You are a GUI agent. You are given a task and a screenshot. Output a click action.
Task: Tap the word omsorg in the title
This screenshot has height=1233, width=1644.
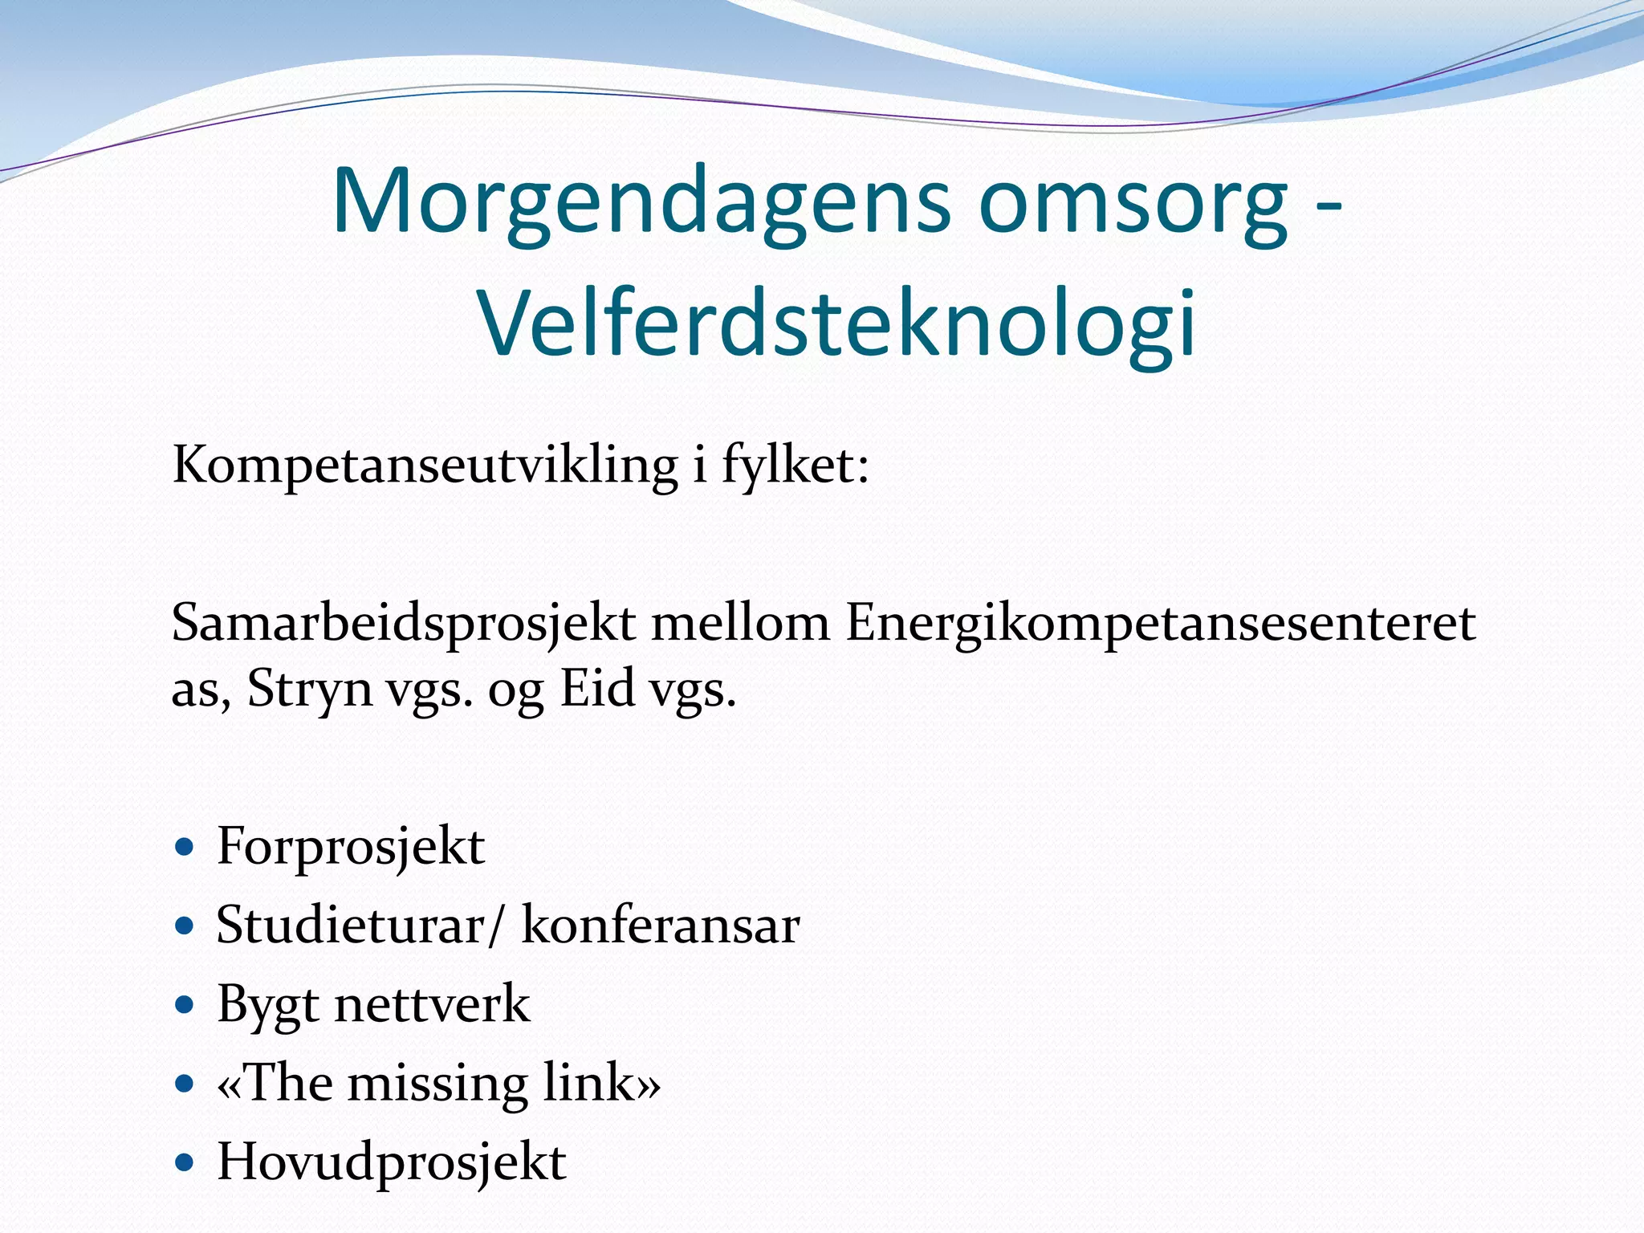(1133, 202)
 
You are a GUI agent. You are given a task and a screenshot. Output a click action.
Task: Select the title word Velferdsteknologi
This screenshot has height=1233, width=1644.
(837, 323)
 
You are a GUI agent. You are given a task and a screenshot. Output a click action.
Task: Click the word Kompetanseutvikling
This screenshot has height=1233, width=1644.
(425, 466)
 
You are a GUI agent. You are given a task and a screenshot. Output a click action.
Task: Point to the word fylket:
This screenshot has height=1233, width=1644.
(795, 466)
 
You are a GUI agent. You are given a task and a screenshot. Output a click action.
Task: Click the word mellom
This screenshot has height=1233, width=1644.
(740, 624)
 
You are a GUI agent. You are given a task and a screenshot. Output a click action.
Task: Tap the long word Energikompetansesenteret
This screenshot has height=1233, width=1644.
(1160, 624)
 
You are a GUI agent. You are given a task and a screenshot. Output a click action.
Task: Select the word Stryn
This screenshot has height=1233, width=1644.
(310, 689)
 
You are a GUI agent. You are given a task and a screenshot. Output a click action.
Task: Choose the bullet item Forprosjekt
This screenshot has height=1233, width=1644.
(351, 847)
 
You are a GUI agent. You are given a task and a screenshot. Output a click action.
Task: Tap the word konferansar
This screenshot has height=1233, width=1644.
(660, 926)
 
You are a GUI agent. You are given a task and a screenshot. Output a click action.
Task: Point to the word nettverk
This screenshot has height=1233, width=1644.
(432, 1004)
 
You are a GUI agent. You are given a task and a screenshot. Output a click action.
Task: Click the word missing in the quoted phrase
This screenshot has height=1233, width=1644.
(437, 1083)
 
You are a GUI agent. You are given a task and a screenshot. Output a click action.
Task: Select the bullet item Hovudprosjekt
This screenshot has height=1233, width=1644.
(392, 1162)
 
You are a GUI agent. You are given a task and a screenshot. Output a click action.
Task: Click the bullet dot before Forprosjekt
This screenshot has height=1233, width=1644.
(185, 848)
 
